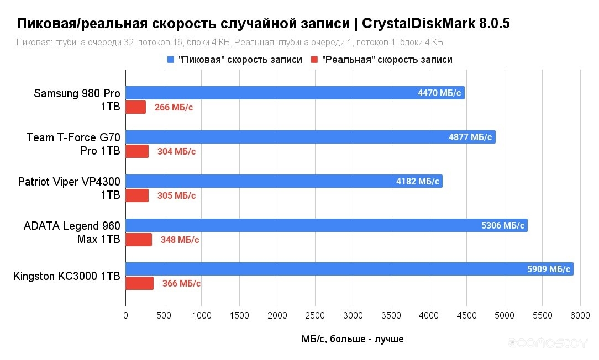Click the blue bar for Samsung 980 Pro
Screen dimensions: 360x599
click(295, 93)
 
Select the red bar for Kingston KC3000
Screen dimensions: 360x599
click(139, 283)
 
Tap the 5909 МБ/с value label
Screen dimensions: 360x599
click(549, 269)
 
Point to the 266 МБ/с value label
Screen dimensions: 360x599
click(174, 108)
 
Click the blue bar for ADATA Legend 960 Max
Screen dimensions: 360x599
click(326, 225)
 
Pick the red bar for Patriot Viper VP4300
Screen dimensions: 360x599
click(137, 195)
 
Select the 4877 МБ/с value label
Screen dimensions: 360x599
click(470, 137)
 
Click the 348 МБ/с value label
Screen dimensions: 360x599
click(180, 240)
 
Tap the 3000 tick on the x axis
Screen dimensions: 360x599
click(353, 315)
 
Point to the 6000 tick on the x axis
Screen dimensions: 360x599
click(580, 315)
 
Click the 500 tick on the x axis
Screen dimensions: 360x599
click(164, 315)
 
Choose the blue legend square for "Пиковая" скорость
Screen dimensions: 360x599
click(170, 60)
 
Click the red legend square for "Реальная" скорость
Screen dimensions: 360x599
click(315, 60)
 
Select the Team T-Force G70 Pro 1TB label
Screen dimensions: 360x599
click(73, 144)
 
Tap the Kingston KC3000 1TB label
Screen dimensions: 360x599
click(67, 276)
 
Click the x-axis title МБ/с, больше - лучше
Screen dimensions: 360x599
click(353, 339)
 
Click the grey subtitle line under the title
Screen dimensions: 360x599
click(230, 43)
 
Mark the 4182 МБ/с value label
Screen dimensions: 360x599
click(417, 181)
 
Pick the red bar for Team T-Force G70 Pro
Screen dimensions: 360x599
click(137, 151)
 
